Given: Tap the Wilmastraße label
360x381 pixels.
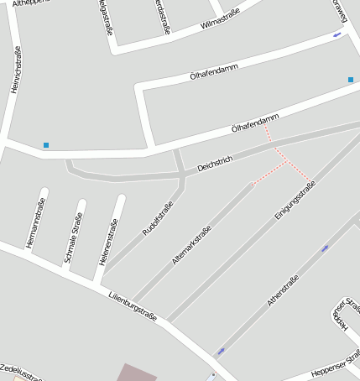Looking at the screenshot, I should pos(221,18).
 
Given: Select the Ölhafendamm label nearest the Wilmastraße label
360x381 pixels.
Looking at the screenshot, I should pos(214,72).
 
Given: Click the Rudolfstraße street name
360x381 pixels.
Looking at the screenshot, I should pos(158,217).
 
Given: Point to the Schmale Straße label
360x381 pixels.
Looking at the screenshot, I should pos(74,237).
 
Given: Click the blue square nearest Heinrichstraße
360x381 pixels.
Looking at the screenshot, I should pos(46,145).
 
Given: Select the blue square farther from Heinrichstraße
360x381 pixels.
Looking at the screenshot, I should pos(351,80).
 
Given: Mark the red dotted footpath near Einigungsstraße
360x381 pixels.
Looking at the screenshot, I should pos(285,159).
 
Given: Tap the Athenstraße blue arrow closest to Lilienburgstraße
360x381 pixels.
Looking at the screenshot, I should pos(222,351).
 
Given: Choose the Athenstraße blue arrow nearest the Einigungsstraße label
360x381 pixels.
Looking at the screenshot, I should pos(325,248).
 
